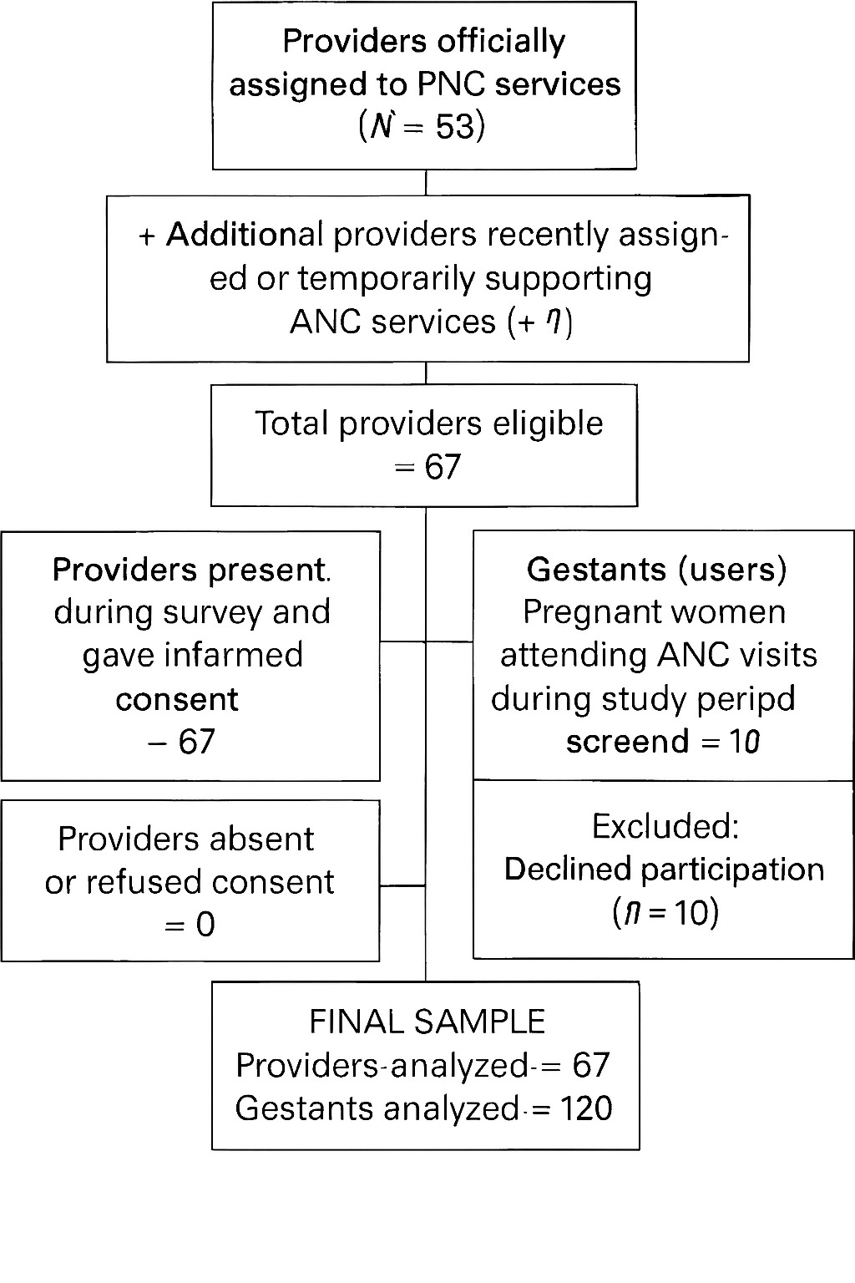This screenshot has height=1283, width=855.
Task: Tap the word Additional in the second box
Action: click(x=244, y=235)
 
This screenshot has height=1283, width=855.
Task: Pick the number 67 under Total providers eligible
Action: click(x=443, y=467)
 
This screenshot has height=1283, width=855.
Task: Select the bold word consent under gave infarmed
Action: click(x=177, y=699)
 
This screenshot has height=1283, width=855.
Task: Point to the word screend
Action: click(x=627, y=742)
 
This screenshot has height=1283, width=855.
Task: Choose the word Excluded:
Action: click(x=665, y=826)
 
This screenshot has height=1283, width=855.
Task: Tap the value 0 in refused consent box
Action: click(x=205, y=925)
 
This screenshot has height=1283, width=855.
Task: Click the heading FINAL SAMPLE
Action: click(x=427, y=1022)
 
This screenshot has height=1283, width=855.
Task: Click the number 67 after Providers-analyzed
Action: click(x=591, y=1065)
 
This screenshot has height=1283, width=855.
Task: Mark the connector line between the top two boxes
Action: click(x=427, y=182)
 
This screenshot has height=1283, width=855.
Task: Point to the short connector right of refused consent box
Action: click(x=402, y=885)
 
